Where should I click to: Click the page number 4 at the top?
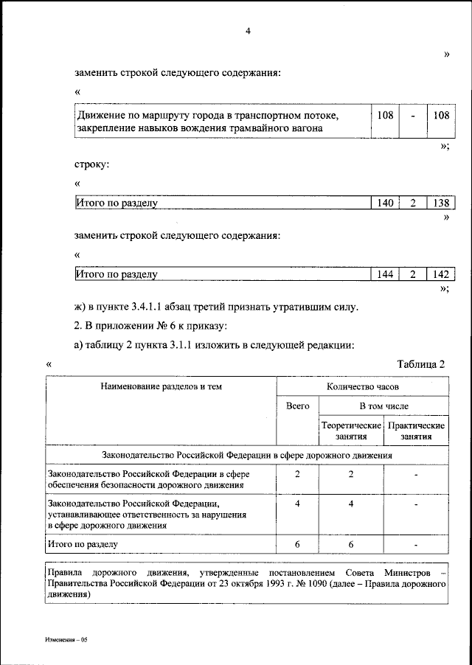point(248,30)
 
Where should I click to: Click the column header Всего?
point(297,406)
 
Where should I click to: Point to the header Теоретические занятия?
point(351,431)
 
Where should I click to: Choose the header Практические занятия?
point(416,431)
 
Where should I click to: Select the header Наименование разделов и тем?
point(161,386)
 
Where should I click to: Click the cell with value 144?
point(385,274)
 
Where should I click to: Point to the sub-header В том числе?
point(383,406)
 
